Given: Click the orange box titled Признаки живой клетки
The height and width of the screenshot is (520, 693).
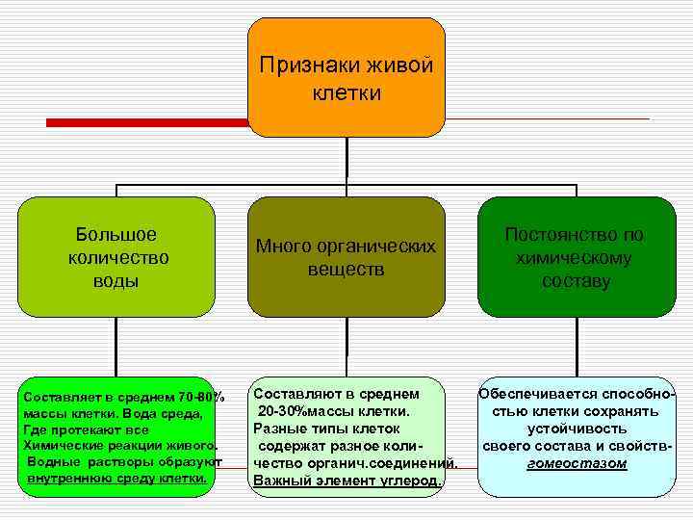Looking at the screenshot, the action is (346, 77).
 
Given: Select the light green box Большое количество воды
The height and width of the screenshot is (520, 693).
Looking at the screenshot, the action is (116, 257).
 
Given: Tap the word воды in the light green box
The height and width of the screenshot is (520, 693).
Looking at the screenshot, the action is (116, 281).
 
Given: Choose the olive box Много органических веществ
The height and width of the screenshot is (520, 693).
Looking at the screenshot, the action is (346, 257).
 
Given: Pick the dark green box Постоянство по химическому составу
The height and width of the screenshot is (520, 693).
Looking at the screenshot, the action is (576, 257).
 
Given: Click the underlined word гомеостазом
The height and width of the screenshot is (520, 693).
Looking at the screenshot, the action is (577, 464).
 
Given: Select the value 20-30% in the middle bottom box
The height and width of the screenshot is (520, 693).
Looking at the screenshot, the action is (283, 412).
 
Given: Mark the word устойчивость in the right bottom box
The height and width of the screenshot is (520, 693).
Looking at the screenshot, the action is (577, 429).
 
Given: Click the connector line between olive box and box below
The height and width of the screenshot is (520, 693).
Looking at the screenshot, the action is (346, 347).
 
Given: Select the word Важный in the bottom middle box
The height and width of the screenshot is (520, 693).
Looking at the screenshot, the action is (278, 481).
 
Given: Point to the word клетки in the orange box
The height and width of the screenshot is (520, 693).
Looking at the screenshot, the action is (346, 93).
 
